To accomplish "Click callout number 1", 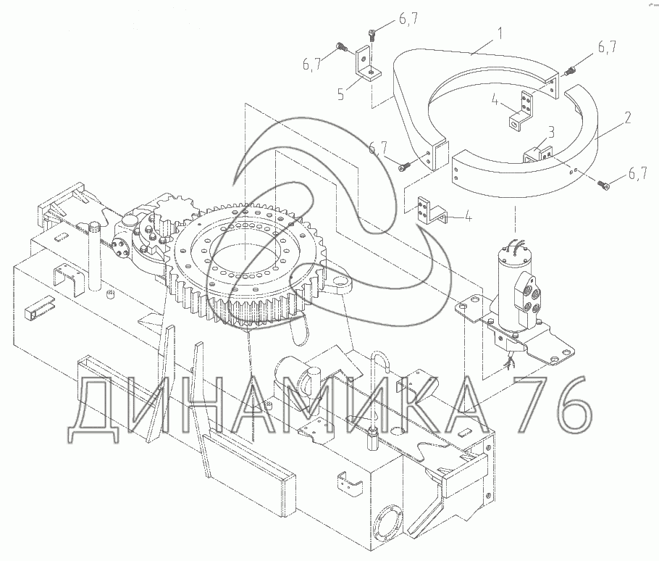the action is [x=500, y=33].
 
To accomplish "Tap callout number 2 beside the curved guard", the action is [x=627, y=117].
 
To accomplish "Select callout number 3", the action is [x=550, y=132].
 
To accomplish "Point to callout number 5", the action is [x=341, y=94].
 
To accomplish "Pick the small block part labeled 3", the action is [x=537, y=154].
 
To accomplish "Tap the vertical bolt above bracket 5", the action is [x=372, y=34].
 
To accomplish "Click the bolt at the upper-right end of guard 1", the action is [x=571, y=71].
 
